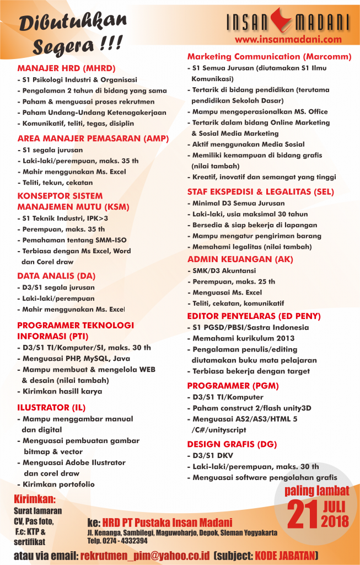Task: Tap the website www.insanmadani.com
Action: [x=288, y=40]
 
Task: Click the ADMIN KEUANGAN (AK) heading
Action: [x=240, y=259]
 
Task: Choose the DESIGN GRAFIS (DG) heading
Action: [x=232, y=444]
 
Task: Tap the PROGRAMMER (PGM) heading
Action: [x=233, y=386]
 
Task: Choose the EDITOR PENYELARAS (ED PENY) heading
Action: [x=254, y=316]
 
